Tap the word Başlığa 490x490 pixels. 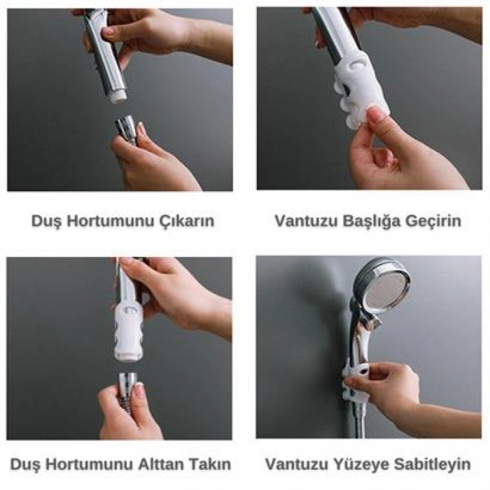pyautogui.click(x=371, y=222)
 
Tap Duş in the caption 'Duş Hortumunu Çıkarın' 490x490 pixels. pyautogui.click(x=45, y=222)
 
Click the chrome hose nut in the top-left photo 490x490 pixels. pyautogui.click(x=127, y=129)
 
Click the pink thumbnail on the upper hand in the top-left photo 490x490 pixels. pyautogui.click(x=107, y=31)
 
